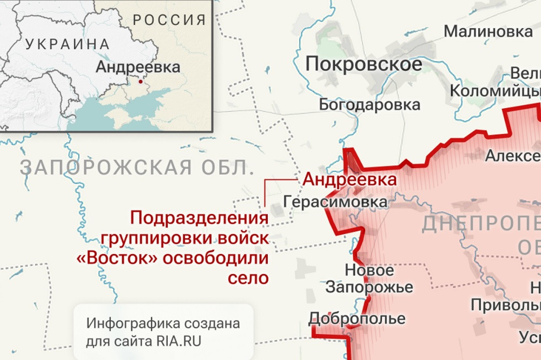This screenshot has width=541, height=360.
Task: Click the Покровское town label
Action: (x=363, y=64)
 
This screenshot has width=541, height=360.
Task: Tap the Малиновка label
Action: (x=487, y=31)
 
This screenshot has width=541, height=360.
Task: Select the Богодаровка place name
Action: (x=370, y=104)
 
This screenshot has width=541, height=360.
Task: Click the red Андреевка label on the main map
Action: (x=349, y=179)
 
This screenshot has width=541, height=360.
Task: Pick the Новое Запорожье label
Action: (x=370, y=278)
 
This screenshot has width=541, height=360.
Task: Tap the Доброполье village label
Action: (x=357, y=318)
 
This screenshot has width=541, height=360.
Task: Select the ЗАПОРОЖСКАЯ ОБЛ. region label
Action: (x=137, y=168)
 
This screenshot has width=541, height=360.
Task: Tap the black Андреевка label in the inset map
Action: (x=137, y=68)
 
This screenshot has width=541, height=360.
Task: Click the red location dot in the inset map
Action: (x=141, y=82)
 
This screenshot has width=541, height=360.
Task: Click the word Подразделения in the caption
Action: (x=200, y=218)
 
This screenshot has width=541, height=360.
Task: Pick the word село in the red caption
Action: (x=248, y=278)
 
